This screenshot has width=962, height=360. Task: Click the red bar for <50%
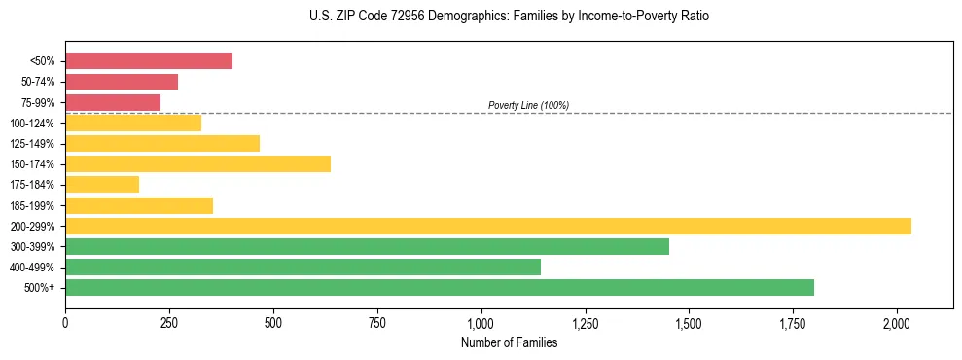tap(149, 61)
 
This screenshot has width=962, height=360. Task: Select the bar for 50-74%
tap(122, 82)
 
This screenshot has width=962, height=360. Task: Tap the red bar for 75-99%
tap(113, 102)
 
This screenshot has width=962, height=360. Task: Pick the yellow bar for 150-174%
tap(197, 164)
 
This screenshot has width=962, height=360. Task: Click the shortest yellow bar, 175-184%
tap(102, 185)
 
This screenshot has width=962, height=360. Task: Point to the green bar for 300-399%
tap(367, 247)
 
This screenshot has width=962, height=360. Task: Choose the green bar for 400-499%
tap(303, 268)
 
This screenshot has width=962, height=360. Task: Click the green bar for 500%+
tap(440, 288)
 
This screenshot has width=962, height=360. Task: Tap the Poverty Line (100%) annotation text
tap(528, 105)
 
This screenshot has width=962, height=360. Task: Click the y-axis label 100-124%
tap(32, 124)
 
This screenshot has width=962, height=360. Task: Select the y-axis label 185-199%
tap(32, 206)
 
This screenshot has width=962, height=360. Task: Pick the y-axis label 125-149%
tap(32, 144)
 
